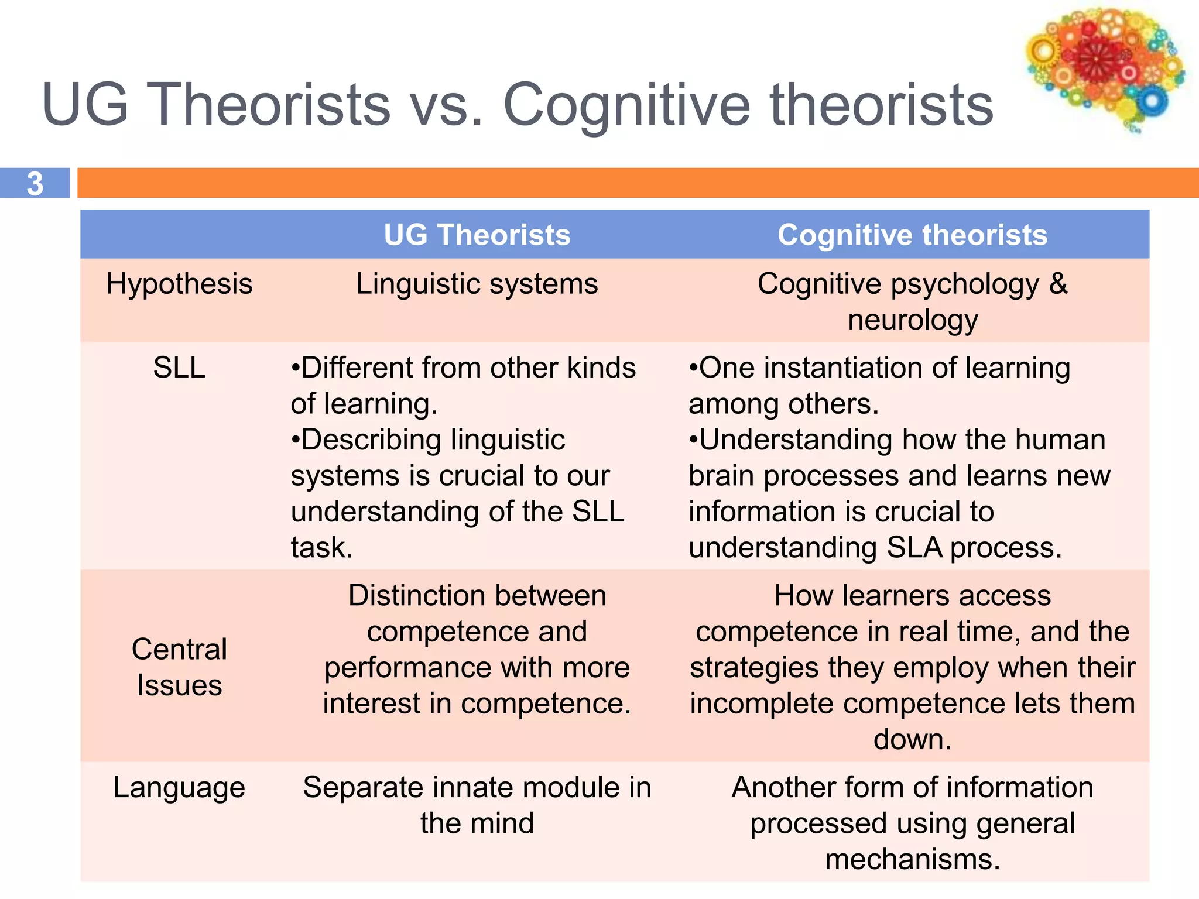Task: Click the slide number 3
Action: coord(35,183)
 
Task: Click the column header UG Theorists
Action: coord(477,235)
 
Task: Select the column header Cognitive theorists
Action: coord(912,235)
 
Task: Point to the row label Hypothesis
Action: coord(179,284)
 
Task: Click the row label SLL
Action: coord(179,368)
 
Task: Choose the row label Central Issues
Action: coord(179,667)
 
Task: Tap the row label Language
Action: coord(179,787)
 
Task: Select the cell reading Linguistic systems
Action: coord(477,284)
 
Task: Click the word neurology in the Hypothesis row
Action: coord(913,321)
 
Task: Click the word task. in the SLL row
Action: coord(321,548)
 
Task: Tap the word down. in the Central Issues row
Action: coord(912,739)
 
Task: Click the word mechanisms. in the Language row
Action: coord(912,859)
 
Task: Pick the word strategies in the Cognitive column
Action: coord(754,668)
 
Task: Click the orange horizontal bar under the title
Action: coord(638,183)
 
